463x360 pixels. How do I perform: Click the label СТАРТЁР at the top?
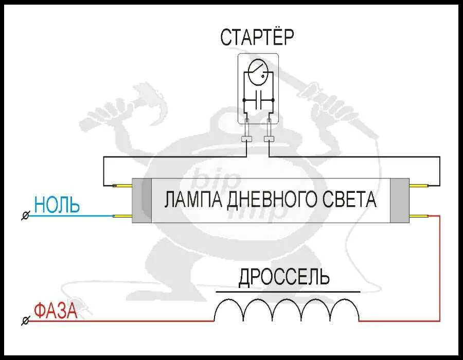pos(257,37)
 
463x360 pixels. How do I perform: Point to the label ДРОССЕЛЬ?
pos(283,278)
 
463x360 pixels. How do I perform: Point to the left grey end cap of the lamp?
pos(142,201)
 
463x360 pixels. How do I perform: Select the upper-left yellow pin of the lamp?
pos(123,186)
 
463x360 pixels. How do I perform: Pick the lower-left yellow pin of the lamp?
pos(123,216)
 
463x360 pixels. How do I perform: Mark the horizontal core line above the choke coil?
pos(288,292)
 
